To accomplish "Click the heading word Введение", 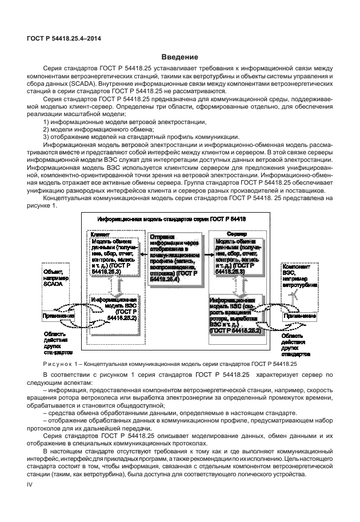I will pos(179,57).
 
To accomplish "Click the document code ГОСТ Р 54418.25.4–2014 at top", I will pos(61,38).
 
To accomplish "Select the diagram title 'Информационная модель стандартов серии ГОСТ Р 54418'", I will pos(171,219).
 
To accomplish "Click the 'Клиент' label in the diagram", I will pos(100,234).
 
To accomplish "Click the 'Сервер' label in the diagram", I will pos(233,234).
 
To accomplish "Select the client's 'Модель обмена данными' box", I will pos(111,256).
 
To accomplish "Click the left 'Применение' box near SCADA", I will pos(58,315).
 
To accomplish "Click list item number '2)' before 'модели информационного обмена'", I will pos(47,129).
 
